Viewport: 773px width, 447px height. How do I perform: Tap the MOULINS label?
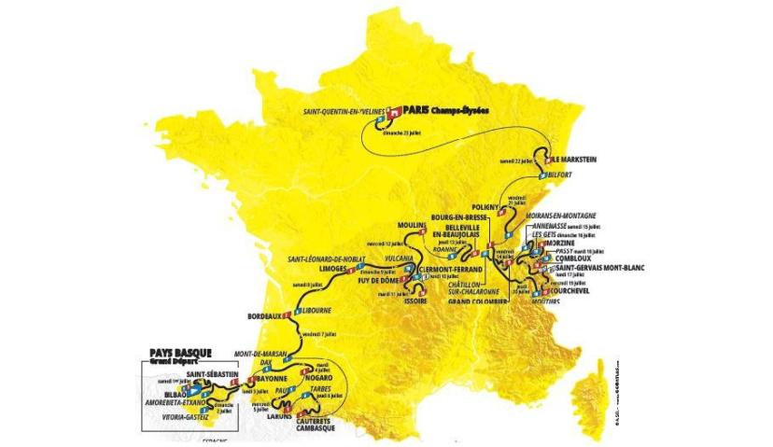point(411,227)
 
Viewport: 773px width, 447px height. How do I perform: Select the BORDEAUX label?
point(264,316)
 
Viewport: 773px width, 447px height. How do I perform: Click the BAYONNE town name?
point(271,379)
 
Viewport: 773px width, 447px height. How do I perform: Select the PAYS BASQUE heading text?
point(180,353)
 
